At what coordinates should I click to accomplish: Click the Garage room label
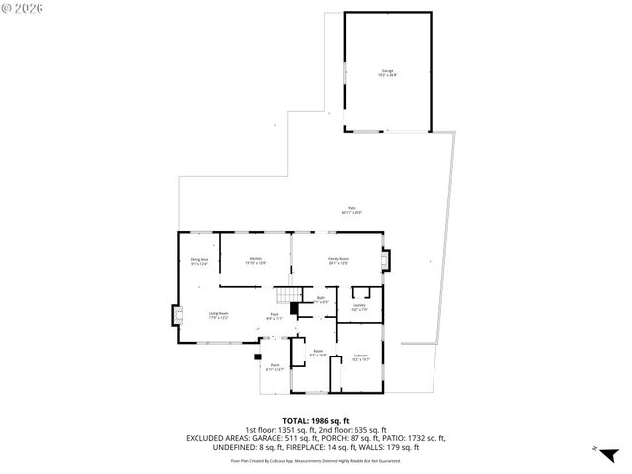click(x=387, y=72)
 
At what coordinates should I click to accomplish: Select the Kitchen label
click(x=255, y=261)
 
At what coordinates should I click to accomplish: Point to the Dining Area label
click(x=199, y=261)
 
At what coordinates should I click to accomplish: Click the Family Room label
click(x=339, y=261)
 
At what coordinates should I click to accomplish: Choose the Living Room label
click(x=218, y=315)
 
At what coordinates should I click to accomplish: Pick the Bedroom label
click(x=361, y=356)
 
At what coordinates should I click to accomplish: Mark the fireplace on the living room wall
click(x=178, y=316)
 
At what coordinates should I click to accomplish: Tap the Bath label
click(x=320, y=299)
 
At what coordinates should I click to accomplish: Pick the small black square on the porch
click(x=258, y=355)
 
